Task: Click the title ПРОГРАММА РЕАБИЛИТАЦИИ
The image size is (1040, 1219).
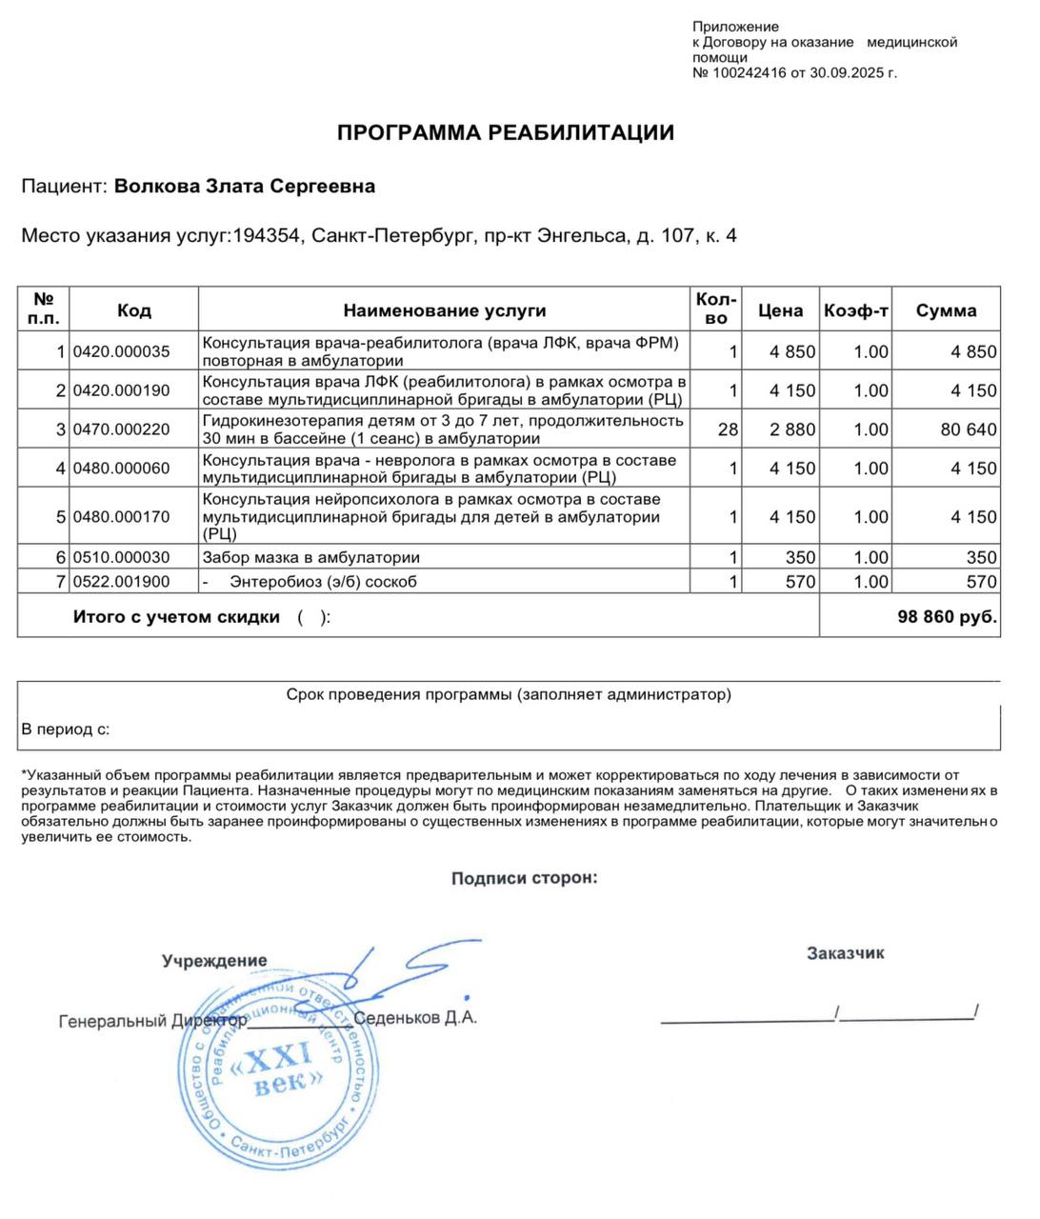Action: click(x=505, y=132)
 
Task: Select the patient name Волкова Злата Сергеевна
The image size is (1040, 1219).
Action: click(x=245, y=187)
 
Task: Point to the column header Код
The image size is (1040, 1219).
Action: click(x=134, y=310)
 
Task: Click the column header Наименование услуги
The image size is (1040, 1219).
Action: click(x=445, y=310)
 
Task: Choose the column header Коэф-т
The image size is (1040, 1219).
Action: click(x=855, y=310)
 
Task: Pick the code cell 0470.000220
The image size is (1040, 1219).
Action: click(x=122, y=430)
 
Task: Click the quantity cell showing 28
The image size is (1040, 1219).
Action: click(x=728, y=430)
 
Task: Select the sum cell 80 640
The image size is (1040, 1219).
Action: click(x=969, y=430)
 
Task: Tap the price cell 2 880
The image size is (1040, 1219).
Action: click(x=792, y=430)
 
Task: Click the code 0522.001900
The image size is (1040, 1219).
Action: click(x=122, y=582)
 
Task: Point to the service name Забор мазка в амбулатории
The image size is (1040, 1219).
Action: click(x=311, y=557)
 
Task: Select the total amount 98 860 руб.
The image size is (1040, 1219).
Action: click(x=947, y=617)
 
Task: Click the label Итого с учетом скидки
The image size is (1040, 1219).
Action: click(x=177, y=617)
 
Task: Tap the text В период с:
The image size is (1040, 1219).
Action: click(x=66, y=729)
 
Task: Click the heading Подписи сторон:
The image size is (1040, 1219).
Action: click(x=525, y=878)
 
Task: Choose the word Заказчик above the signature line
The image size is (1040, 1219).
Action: click(x=845, y=952)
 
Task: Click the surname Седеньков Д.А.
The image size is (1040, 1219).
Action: click(x=415, y=1018)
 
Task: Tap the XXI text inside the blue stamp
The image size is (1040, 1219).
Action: click(x=280, y=1056)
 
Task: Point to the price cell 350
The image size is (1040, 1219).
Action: click(x=800, y=557)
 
